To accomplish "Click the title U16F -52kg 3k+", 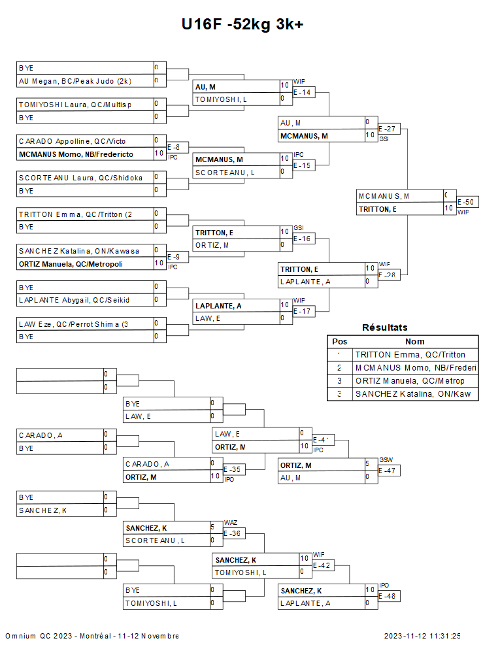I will [242, 24].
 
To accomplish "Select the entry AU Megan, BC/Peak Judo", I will [75, 81].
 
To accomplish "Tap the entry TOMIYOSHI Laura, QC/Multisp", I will [75, 104].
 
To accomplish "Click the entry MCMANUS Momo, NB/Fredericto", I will [76, 154].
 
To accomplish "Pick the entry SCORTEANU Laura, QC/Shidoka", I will [80, 177].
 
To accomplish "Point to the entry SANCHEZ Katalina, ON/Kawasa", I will [78, 250].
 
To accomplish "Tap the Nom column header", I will [414, 341].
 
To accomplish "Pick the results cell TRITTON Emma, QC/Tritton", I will [410, 354].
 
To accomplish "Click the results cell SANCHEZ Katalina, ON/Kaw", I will [413, 394].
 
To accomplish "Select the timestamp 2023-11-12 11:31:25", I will [422, 636].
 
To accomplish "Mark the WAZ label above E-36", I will [230, 523].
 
